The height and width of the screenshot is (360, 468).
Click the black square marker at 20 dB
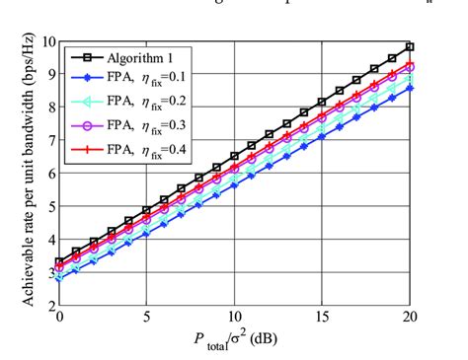pyautogui.click(x=409, y=46)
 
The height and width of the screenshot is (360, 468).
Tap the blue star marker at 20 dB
pyautogui.click(x=409, y=88)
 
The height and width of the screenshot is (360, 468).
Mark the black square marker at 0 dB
pyautogui.click(x=60, y=261)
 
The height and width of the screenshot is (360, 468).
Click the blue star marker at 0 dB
pyautogui.click(x=60, y=278)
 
